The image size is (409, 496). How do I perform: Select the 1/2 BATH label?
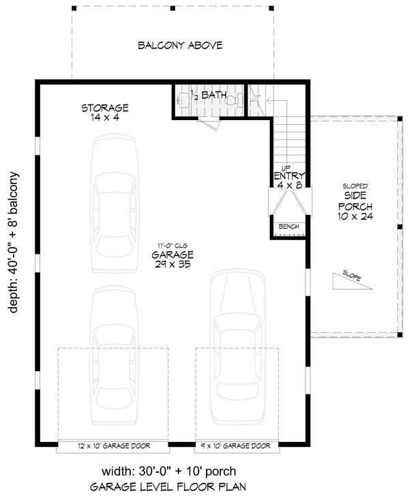202,96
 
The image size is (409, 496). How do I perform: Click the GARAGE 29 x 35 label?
173,257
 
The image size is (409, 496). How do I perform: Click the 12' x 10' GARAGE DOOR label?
112,447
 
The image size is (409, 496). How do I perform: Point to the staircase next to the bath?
286,136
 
